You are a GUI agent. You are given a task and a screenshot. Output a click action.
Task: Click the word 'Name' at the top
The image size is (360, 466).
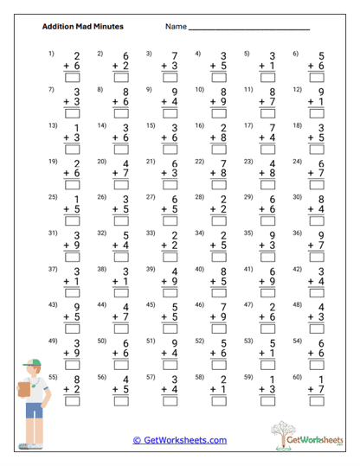coord(176,27)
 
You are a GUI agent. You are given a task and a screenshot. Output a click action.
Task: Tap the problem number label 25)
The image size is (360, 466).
coord(52,198)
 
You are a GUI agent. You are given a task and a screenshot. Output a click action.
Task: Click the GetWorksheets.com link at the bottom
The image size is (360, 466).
coord(180,440)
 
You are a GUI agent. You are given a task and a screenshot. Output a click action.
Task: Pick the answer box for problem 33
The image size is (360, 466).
coord(170,259)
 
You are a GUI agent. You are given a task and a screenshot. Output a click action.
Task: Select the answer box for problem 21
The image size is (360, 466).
coord(170,188)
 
